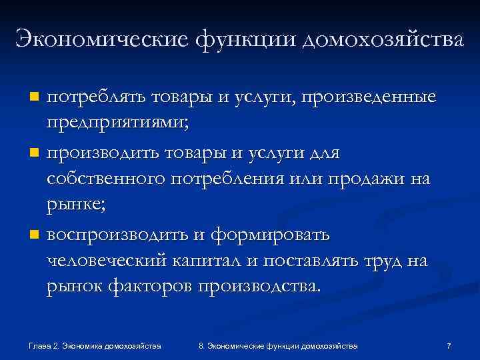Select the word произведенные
369,97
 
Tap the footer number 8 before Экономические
201,346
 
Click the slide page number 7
449,346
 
